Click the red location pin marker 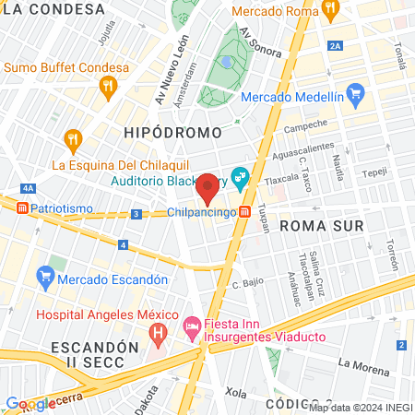click(208, 188)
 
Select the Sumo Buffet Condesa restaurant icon click(109, 87)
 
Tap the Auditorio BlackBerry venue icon click(241, 175)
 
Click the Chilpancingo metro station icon click(244, 212)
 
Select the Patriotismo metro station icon click(20, 208)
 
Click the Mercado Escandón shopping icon click(44, 276)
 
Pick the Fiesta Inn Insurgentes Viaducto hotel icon click(192, 326)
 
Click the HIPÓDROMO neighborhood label click(165, 134)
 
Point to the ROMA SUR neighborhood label click(320, 225)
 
